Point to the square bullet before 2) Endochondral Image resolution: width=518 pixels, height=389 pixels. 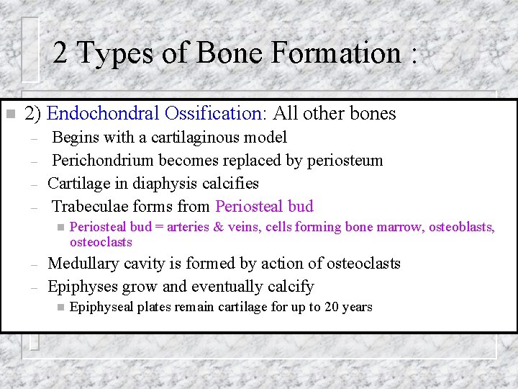point(10,114)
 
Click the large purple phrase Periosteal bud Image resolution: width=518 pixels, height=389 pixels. point(264,207)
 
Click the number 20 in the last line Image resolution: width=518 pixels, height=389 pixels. point(332,308)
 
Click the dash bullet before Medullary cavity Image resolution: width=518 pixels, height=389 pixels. point(32,264)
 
